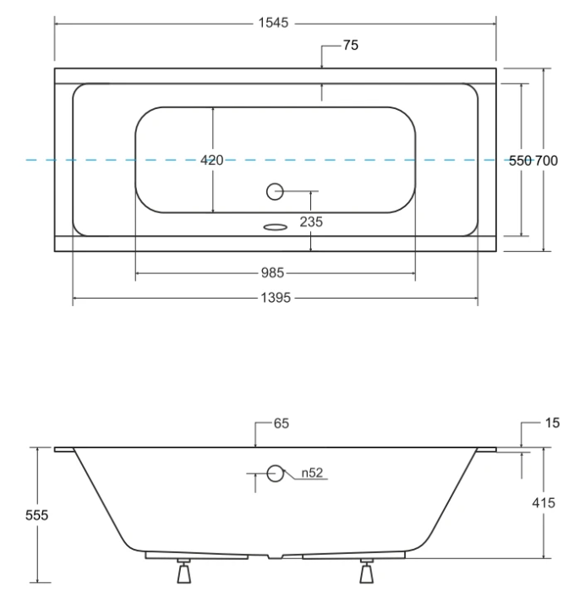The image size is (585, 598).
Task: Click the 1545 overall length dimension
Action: click(x=274, y=24)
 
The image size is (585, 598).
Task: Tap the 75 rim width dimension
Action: click(x=350, y=46)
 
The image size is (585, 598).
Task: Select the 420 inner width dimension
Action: click(x=212, y=161)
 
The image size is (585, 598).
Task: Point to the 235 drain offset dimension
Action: click(x=311, y=222)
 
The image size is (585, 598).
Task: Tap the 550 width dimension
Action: click(x=519, y=161)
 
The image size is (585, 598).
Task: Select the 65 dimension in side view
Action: click(x=281, y=424)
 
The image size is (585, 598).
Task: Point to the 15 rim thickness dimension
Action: click(x=551, y=424)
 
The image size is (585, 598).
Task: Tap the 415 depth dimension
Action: click(x=544, y=503)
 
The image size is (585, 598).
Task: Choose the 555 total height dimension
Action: click(x=36, y=515)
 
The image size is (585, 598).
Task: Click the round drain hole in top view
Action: click(x=275, y=191)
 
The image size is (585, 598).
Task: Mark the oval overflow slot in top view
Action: click(x=276, y=226)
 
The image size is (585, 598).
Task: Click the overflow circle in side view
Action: click(x=275, y=474)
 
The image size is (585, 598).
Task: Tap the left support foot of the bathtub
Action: click(x=183, y=573)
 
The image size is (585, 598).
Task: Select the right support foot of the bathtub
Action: click(x=366, y=573)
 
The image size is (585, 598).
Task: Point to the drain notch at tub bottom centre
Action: click(x=275, y=557)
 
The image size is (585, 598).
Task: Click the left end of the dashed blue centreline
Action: click(x=29, y=159)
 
